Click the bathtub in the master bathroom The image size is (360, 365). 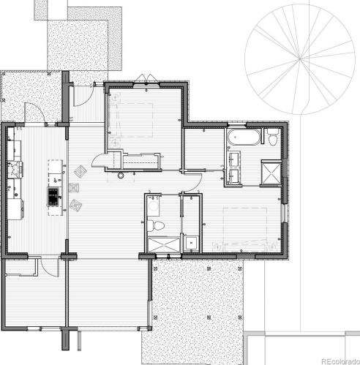tap(242, 138)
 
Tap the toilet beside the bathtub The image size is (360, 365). tap(271, 138)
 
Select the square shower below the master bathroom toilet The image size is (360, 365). tap(271, 174)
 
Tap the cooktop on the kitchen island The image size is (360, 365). tap(54, 196)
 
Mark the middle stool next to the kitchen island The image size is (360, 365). tap(73, 188)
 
